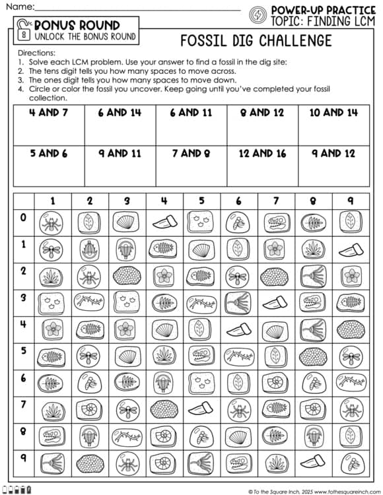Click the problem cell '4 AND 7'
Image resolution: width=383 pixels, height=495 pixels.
click(48, 125)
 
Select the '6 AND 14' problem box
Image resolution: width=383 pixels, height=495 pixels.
click(120, 125)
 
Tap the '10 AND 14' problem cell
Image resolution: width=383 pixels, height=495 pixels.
click(333, 125)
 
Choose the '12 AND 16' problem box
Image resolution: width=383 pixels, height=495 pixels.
click(262, 165)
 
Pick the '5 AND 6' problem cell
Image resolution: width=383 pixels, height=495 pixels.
click(48, 165)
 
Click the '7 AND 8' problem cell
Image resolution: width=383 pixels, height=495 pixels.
click(191, 165)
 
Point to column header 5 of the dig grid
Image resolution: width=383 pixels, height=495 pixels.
click(201, 201)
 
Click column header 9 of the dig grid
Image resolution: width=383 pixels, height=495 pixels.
click(349, 201)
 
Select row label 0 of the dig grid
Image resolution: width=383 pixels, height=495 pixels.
click(24, 217)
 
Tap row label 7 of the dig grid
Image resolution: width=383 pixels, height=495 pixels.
click(24, 403)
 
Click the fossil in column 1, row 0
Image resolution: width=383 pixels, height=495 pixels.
click(52, 222)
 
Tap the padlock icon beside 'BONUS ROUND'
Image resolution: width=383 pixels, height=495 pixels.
click(25, 30)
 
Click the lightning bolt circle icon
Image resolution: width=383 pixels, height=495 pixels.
click(258, 15)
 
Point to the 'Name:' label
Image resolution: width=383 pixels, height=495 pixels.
click(20, 7)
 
